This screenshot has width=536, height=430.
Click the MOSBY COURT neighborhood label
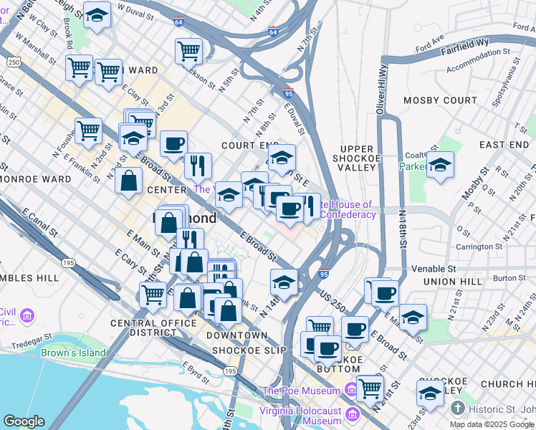[440, 100]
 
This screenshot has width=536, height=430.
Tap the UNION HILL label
[453, 282]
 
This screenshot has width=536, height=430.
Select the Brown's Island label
[73, 353]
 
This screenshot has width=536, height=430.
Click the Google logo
[24, 421]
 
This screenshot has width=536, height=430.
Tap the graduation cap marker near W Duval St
[97, 16]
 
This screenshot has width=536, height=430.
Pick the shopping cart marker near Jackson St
[188, 51]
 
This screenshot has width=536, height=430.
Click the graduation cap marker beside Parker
[440, 166]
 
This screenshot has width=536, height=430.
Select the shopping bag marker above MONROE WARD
[129, 181]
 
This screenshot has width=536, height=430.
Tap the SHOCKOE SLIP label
[249, 350]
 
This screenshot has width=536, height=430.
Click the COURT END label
[247, 145]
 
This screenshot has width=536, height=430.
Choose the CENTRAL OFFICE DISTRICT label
[153, 328]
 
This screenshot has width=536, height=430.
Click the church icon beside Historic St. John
[459, 408]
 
